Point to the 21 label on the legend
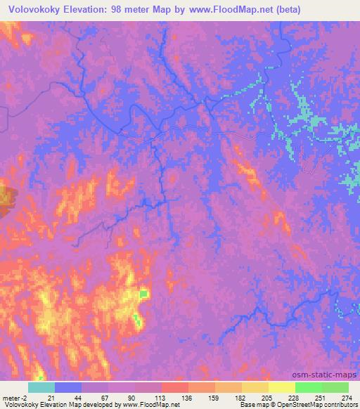[56, 397]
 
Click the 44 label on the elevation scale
[82, 397]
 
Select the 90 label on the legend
[136, 397]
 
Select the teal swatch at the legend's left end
[41, 387]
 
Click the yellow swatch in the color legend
[281, 387]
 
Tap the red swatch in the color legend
[174, 387]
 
